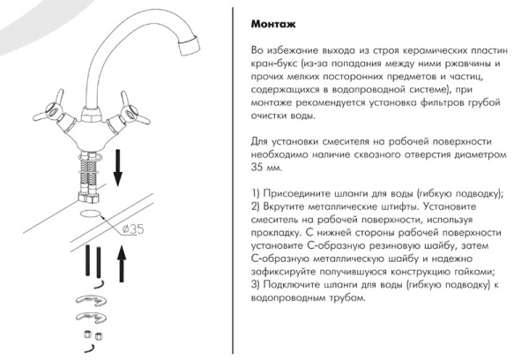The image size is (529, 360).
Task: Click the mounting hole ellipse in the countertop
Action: [x=92, y=213]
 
